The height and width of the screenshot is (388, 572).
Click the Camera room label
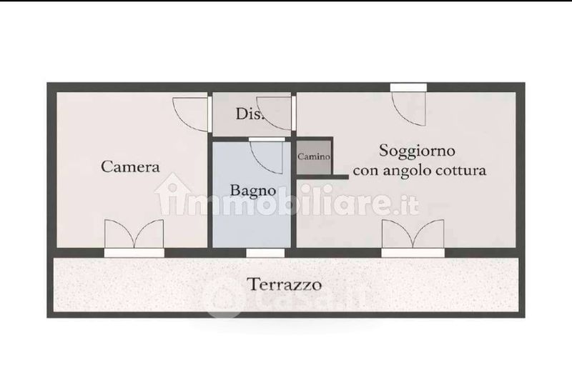pos(130,166)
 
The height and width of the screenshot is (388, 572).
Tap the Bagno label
pos(253,191)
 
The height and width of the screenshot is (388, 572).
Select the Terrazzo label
pos(285,284)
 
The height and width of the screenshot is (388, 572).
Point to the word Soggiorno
pos(417,151)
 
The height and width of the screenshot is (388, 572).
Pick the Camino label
pos(314,156)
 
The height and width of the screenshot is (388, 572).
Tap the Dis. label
pos(250,114)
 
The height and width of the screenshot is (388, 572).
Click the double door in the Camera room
pos(134,234)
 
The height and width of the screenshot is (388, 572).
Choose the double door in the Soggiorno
pos(413,234)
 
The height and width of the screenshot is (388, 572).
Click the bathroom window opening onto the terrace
pos(265,253)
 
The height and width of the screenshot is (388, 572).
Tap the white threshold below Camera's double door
pos(134,253)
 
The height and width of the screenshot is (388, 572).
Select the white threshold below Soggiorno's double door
pos(413,253)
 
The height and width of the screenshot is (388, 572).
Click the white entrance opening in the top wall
pos(408,87)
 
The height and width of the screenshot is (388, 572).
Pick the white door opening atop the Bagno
pos(267,139)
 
